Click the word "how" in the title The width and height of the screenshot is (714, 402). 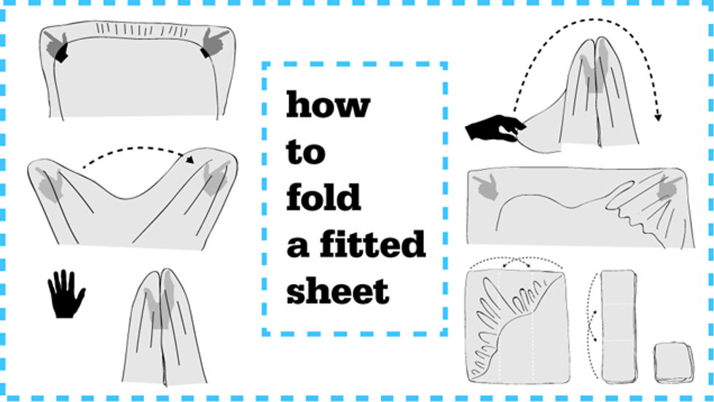(x=328, y=105)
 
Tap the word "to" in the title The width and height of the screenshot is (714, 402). (x=305, y=151)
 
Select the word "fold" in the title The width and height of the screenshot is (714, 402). (x=323, y=197)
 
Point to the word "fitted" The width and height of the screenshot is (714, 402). (x=372, y=243)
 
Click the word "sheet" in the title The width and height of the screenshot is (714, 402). (x=337, y=290)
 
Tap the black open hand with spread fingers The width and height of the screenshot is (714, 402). (x=66, y=293)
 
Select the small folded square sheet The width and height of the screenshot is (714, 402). (x=675, y=363)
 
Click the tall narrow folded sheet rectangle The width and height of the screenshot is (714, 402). (x=619, y=326)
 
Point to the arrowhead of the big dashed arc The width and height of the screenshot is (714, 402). (x=657, y=117)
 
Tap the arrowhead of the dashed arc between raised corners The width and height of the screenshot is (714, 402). (x=190, y=159)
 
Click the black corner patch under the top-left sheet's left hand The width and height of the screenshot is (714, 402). (x=62, y=53)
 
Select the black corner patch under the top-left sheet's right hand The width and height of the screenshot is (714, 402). (x=205, y=53)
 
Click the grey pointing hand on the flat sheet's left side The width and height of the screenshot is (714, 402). (x=487, y=186)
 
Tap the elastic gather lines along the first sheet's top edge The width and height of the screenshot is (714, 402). (x=141, y=31)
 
